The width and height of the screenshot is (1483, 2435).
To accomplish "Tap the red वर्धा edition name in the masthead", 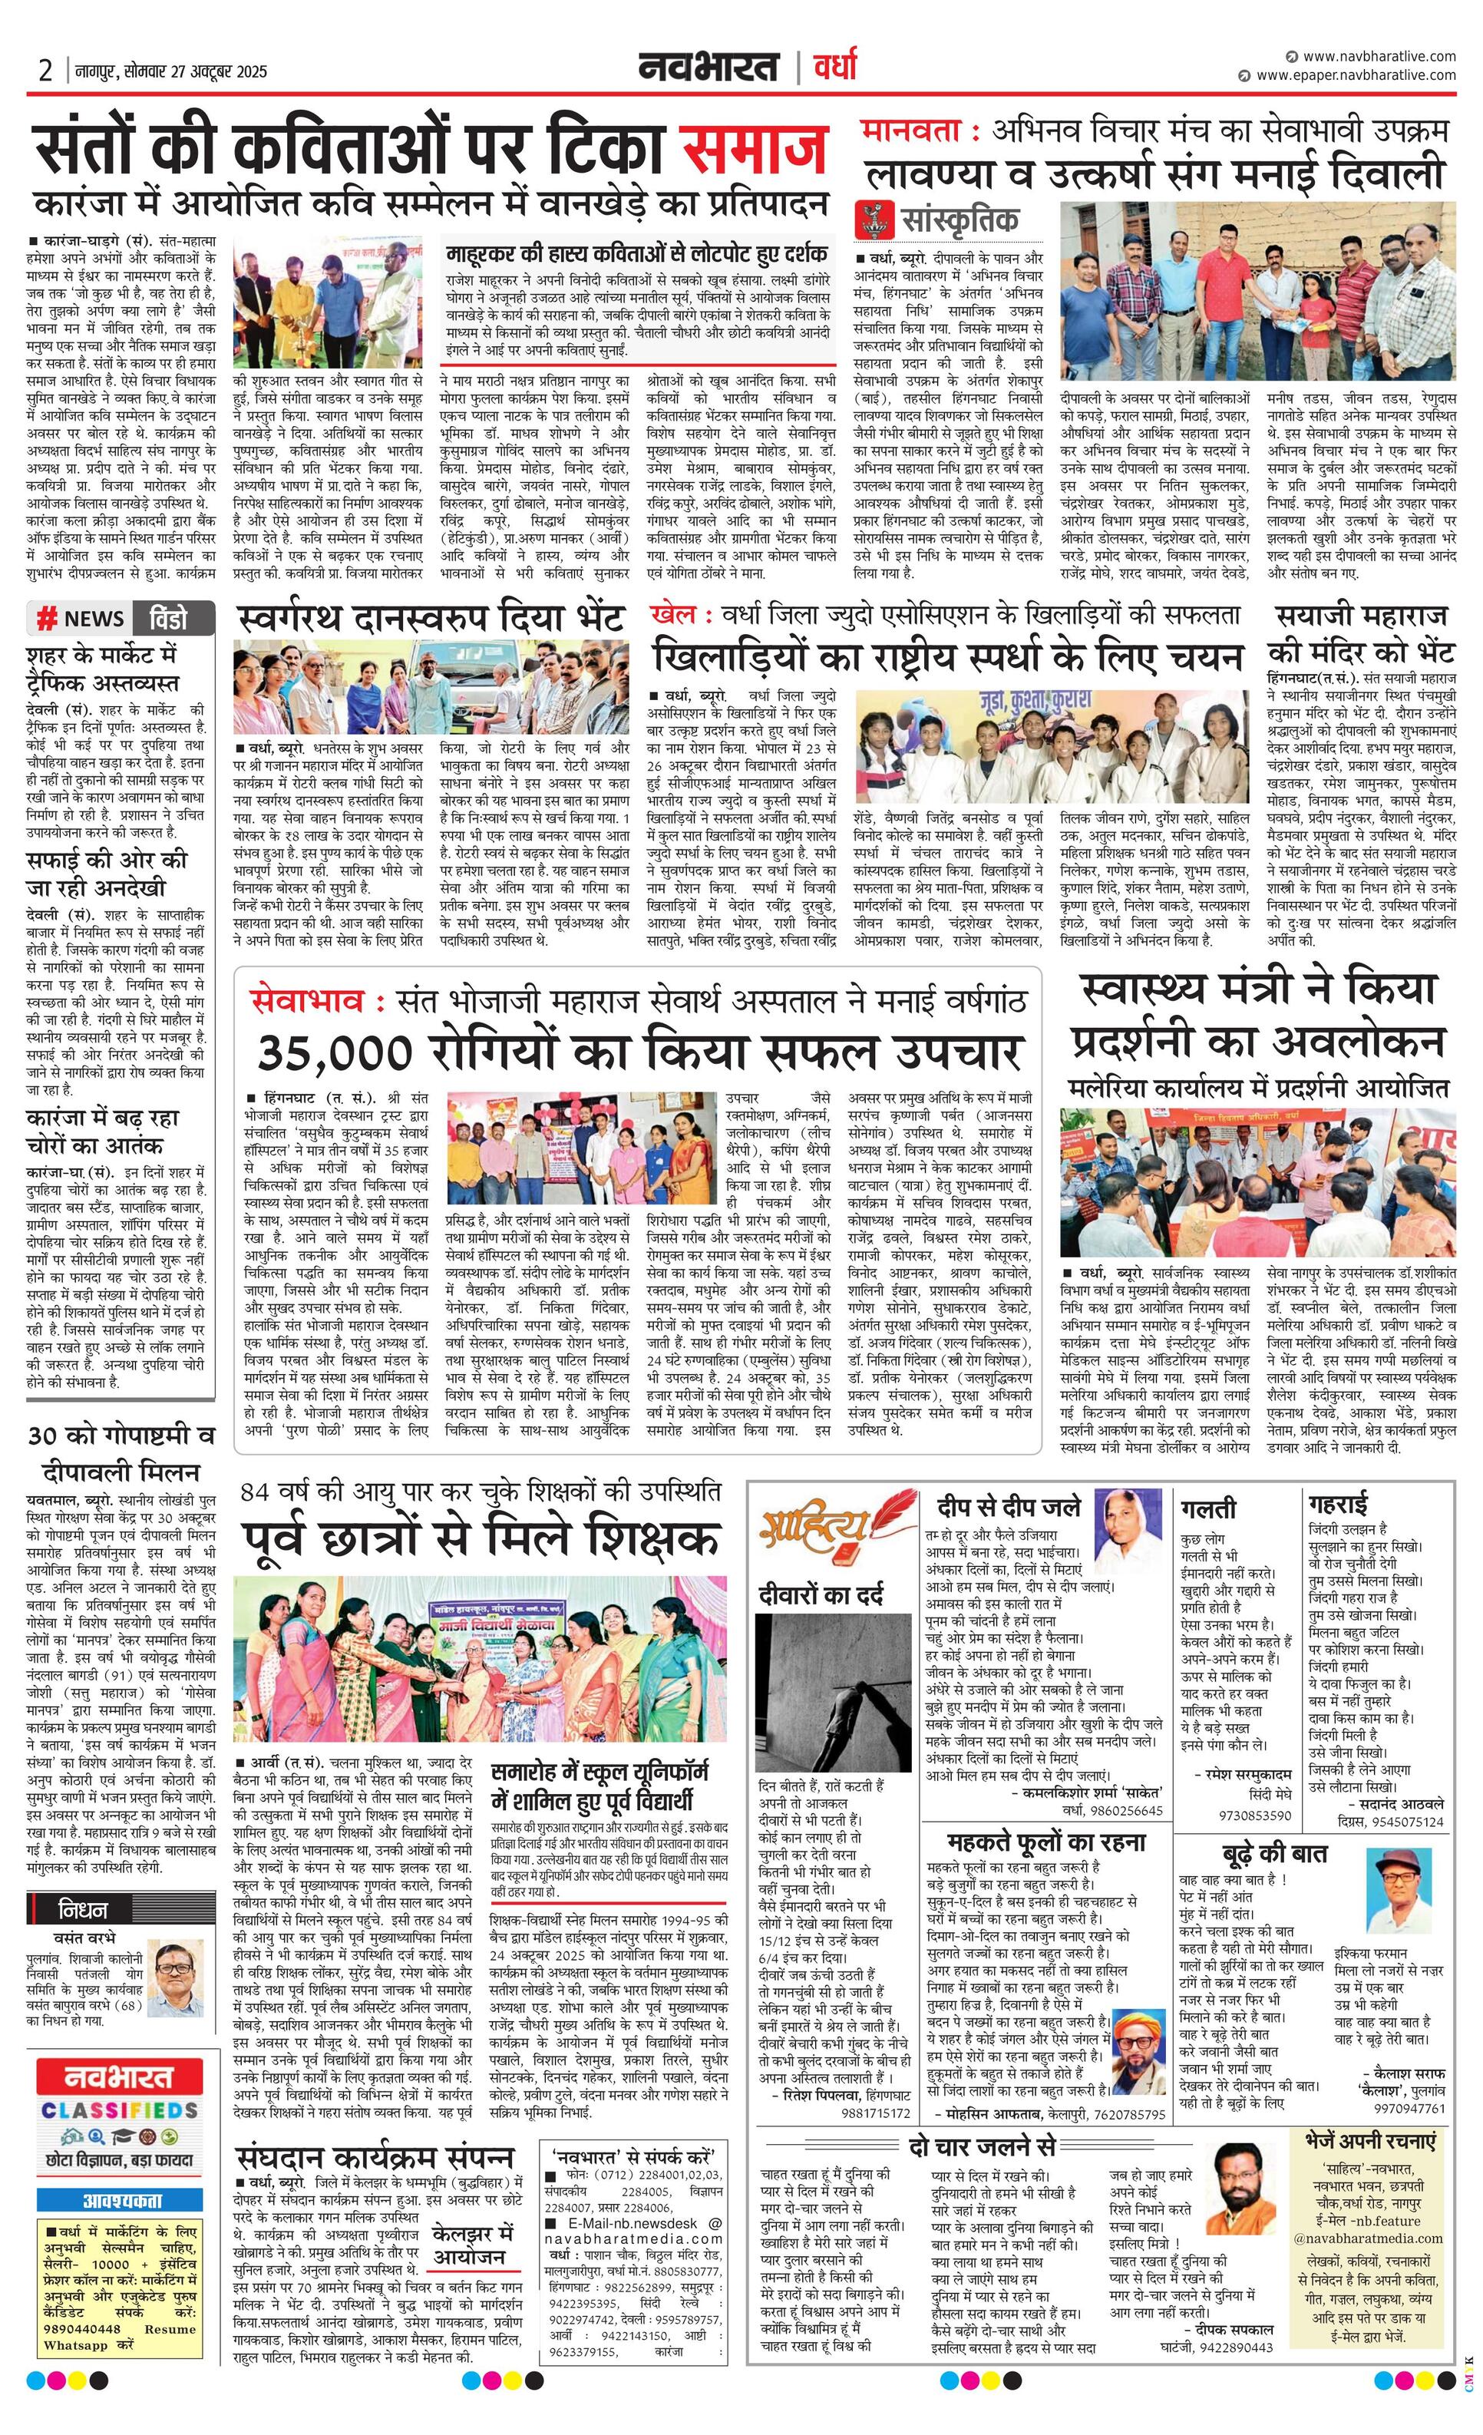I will (835, 68).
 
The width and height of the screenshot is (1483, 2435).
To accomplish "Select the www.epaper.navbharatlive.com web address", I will (1356, 75).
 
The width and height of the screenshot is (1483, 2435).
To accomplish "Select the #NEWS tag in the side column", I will (81, 619).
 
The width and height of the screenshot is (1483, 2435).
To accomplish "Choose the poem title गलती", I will (1207, 1509).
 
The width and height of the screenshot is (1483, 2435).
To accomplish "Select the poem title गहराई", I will (1339, 1504).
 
